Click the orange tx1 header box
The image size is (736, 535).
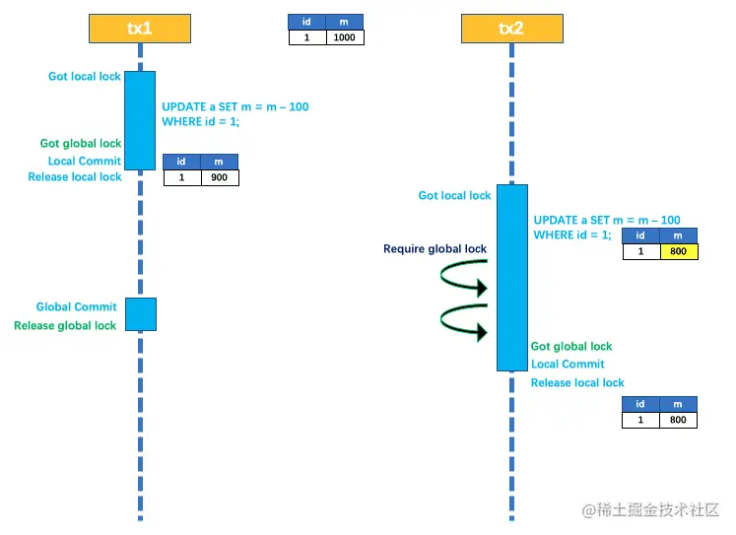(139, 29)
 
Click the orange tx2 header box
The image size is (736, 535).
(511, 29)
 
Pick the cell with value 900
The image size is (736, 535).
(219, 178)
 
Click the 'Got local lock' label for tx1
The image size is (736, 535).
(85, 77)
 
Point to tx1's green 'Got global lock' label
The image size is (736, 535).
(81, 144)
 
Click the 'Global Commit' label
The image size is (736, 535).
(77, 307)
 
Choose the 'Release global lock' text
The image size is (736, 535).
(65, 326)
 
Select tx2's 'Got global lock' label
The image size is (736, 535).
(571, 347)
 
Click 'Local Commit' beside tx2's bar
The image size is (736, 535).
(568, 365)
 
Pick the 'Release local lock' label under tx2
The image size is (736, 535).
(577, 383)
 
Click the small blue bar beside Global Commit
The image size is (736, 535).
(140, 314)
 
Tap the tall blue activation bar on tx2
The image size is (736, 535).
(511, 277)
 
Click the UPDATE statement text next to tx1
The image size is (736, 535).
(235, 114)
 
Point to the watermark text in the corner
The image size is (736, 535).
(651, 510)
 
